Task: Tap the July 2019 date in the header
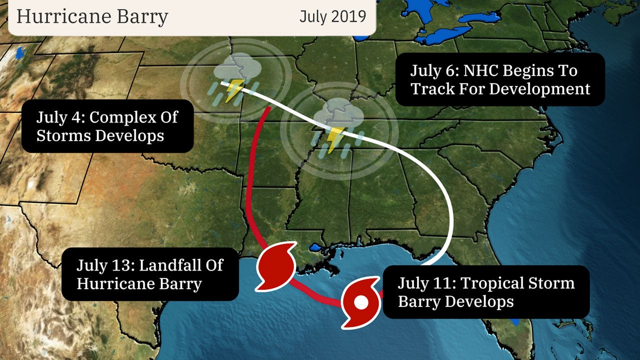(332, 16)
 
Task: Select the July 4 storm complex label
(107, 126)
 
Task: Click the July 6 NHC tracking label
(500, 79)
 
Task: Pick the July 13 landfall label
(150, 274)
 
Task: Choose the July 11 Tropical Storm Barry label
(486, 292)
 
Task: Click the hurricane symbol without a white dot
(275, 265)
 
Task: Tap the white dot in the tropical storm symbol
(361, 302)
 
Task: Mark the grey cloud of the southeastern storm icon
(340, 113)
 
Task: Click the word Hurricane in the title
(62, 16)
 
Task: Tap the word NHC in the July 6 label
(480, 70)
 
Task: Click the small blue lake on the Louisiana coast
(315, 247)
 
